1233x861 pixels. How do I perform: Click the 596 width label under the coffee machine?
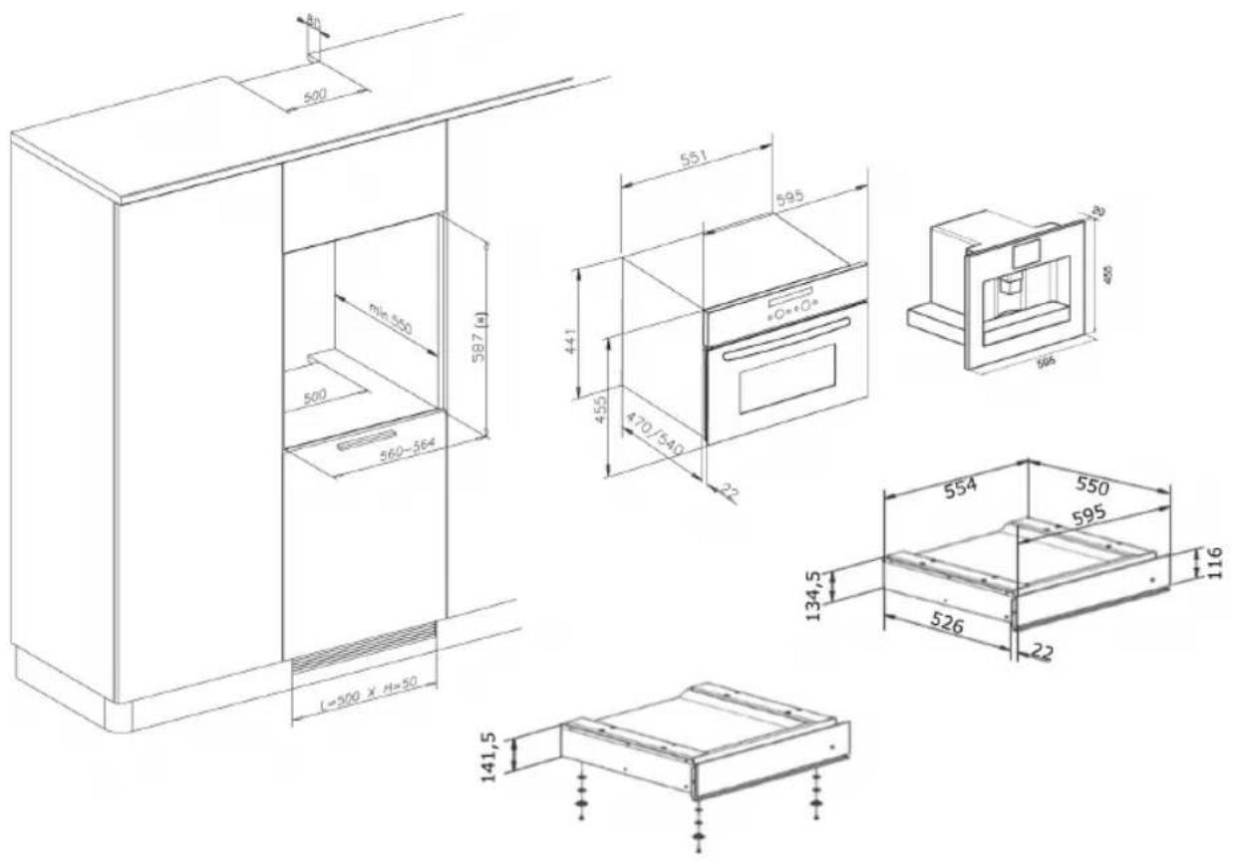1046,362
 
